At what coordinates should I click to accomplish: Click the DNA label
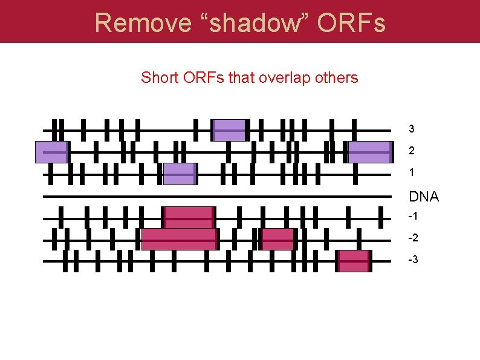click(424, 197)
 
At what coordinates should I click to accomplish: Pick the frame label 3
click(412, 129)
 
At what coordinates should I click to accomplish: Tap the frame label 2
click(412, 151)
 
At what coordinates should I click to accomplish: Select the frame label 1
click(412, 172)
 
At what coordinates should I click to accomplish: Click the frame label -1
click(414, 217)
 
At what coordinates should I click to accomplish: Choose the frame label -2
click(414, 238)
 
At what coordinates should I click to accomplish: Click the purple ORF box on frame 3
click(229, 130)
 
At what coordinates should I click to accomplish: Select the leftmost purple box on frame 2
click(51, 152)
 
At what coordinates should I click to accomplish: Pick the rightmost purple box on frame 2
click(370, 152)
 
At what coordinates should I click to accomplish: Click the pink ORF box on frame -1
click(189, 217)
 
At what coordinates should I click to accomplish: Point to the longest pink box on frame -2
click(179, 239)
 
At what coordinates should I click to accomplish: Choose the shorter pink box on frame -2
click(277, 239)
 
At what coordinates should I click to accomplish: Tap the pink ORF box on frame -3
click(354, 261)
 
